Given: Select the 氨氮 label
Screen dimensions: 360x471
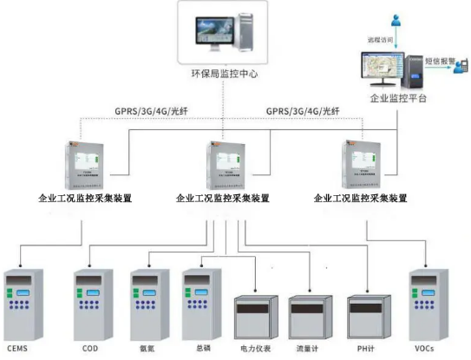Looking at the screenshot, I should pyautogui.click(x=146, y=349).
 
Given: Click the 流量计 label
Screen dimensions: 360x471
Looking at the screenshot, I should pyautogui.click(x=309, y=349).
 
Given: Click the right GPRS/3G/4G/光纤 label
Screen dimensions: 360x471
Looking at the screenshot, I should pyautogui.click(x=303, y=111).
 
